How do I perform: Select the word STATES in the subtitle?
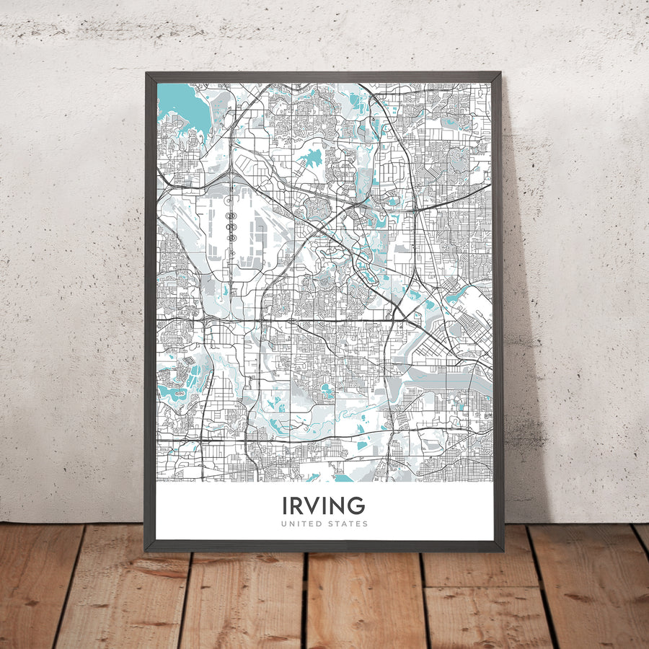348,524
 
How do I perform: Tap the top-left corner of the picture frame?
146,74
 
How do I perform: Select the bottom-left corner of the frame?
146,550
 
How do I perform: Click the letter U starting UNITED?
283,524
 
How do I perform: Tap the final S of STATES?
365,524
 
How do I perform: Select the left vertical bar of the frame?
151,310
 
